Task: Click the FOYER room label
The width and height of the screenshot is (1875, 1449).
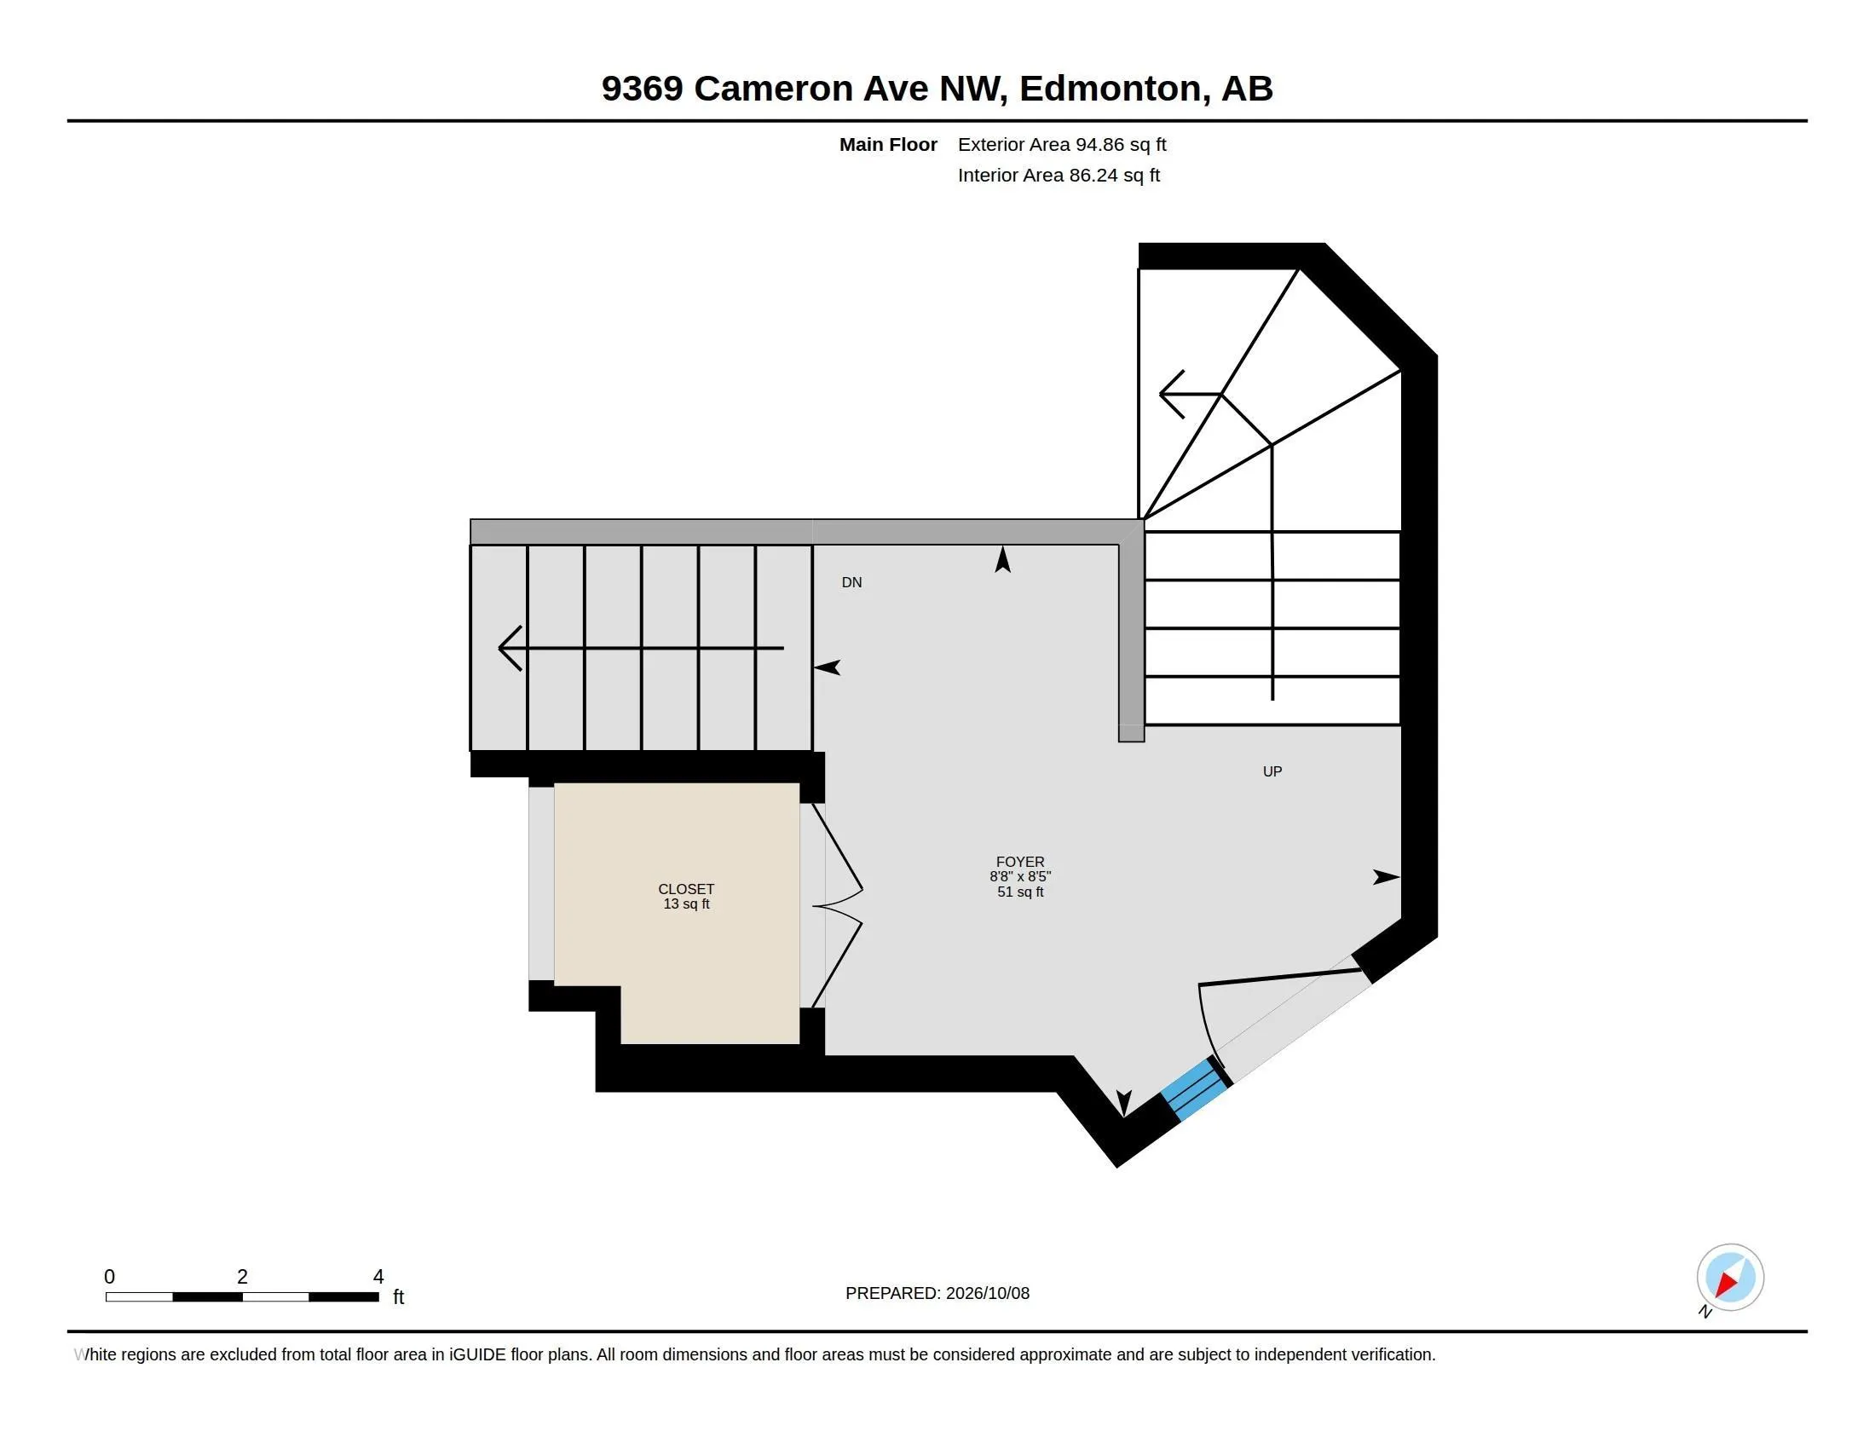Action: click(x=1020, y=861)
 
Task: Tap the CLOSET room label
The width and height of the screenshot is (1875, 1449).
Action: click(x=686, y=888)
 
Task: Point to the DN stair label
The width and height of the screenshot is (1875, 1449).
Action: click(x=851, y=582)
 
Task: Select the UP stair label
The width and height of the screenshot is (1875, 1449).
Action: click(x=1272, y=771)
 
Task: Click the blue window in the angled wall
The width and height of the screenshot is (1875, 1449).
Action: click(x=1195, y=1089)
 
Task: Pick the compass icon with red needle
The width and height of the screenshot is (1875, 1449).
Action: click(x=1730, y=1278)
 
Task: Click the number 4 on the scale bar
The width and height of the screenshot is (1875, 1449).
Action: click(x=378, y=1277)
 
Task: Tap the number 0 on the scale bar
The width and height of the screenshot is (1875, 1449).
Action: click(x=109, y=1277)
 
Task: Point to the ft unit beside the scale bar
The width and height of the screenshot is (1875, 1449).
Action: click(x=398, y=1296)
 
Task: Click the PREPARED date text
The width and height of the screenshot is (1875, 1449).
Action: click(x=937, y=1293)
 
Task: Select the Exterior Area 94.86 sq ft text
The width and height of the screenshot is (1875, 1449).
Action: click(x=1062, y=144)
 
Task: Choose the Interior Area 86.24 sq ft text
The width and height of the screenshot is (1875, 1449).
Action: click(x=1059, y=175)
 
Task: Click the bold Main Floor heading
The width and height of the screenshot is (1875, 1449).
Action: click(x=888, y=144)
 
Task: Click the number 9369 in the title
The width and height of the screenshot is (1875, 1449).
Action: click(x=642, y=89)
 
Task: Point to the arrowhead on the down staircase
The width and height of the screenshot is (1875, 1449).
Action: click(x=510, y=648)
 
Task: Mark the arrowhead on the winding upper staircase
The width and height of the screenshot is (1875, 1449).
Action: click(x=1172, y=395)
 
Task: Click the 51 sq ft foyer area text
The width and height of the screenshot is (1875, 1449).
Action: click(x=1020, y=892)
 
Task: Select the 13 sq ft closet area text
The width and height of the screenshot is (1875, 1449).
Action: click(x=686, y=903)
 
